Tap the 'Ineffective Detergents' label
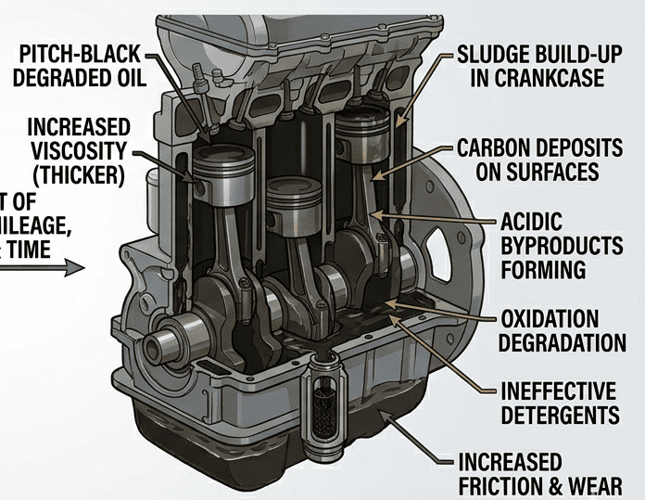561,402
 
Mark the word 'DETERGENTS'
561,414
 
